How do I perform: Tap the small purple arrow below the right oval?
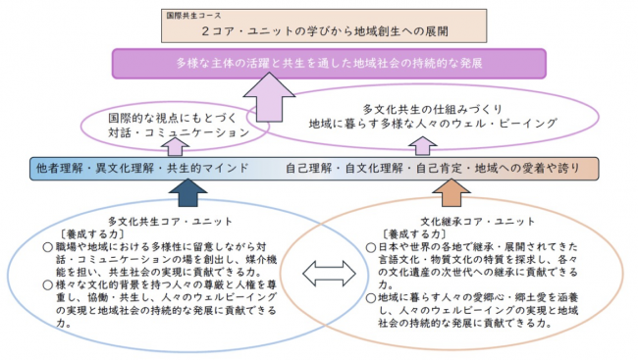425,147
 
